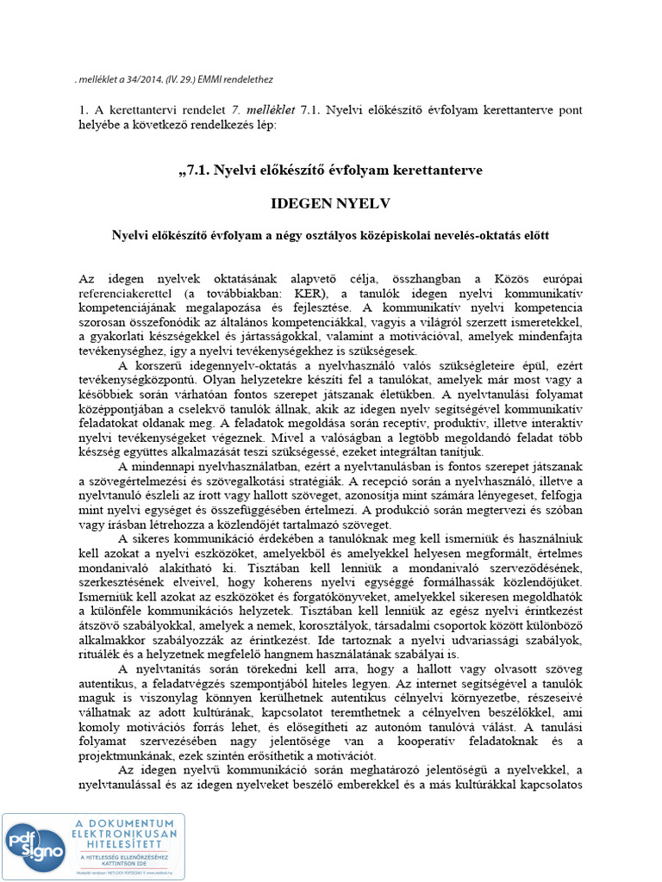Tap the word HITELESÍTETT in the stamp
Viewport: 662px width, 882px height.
(125, 845)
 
